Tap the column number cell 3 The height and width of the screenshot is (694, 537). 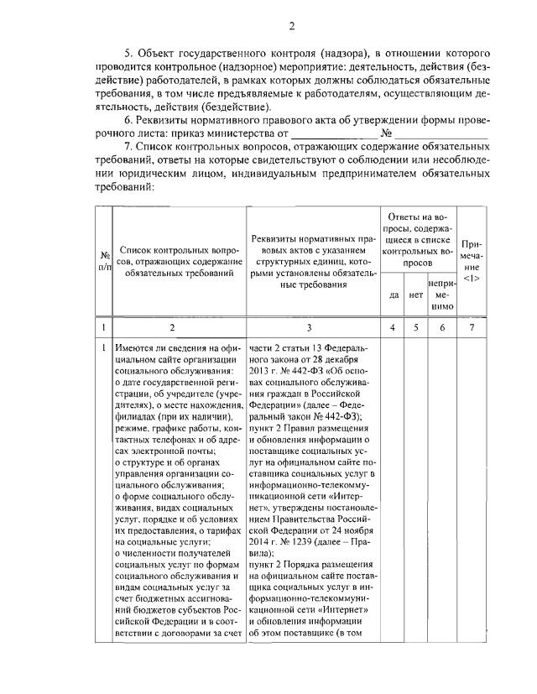pyautogui.click(x=310, y=326)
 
